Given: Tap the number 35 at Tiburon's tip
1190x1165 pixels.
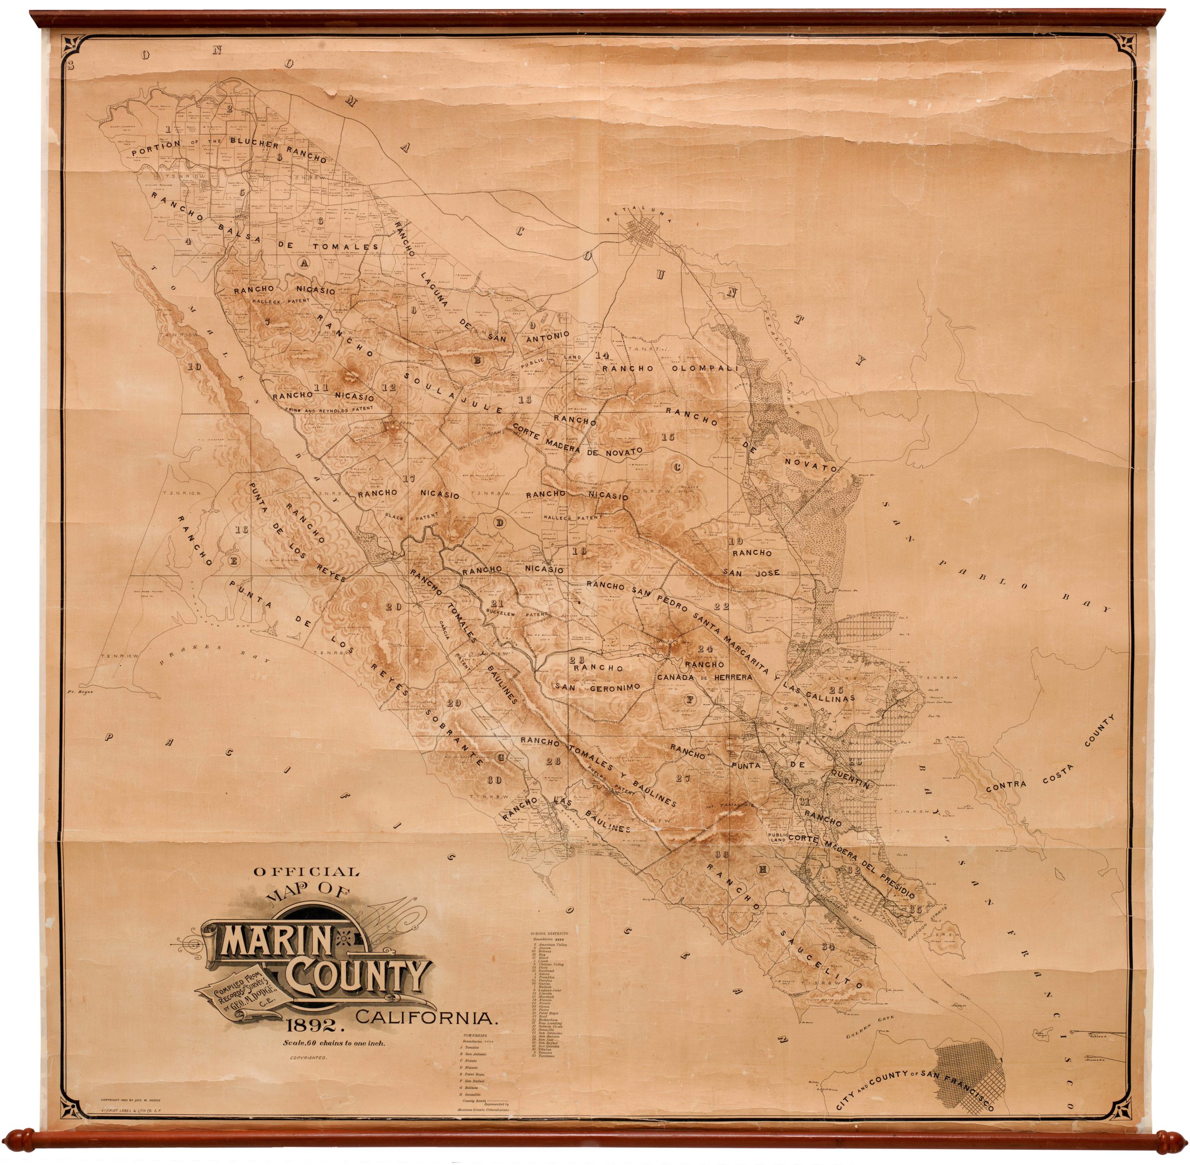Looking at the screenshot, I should [915, 909].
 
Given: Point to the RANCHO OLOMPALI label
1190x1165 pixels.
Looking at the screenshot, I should [670, 368].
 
